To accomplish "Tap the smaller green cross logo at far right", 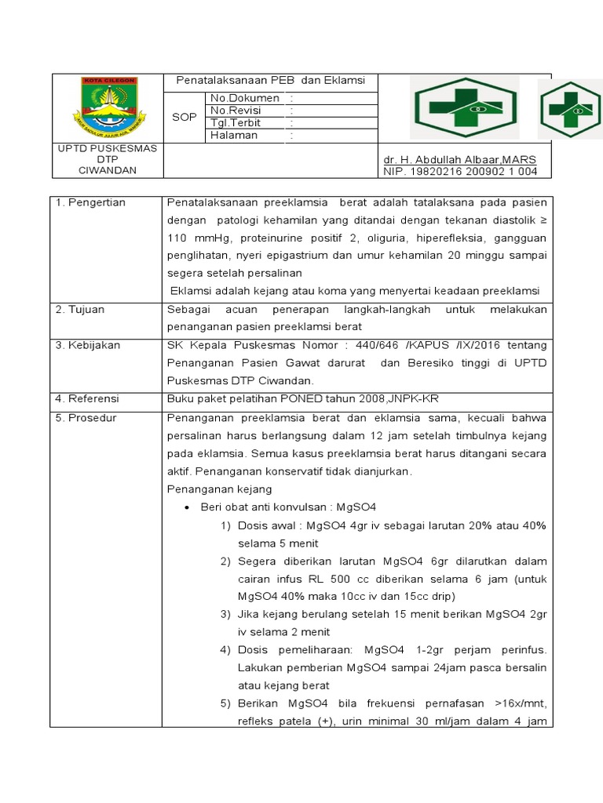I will (x=569, y=109).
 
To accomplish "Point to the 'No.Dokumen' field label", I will (x=244, y=98).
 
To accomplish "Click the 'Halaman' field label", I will (x=234, y=136).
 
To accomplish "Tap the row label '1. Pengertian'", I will (x=91, y=203).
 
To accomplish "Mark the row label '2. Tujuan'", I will (x=81, y=310).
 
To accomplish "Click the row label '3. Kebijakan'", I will (x=88, y=345).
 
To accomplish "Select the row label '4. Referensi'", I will (x=89, y=400).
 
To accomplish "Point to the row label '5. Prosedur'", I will (x=86, y=418).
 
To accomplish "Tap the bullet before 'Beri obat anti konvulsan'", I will (x=188, y=507).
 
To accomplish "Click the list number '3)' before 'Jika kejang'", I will (x=225, y=614).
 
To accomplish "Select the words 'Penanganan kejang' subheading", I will (x=217, y=489).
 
